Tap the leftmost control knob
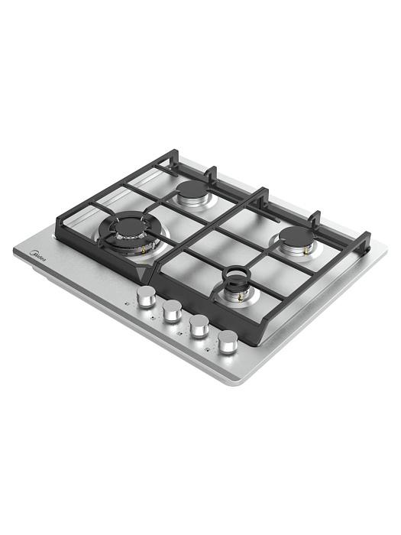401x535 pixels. pos(145,297)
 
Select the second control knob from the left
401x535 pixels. pos(173,310)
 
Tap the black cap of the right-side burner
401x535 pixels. pos(296,235)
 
